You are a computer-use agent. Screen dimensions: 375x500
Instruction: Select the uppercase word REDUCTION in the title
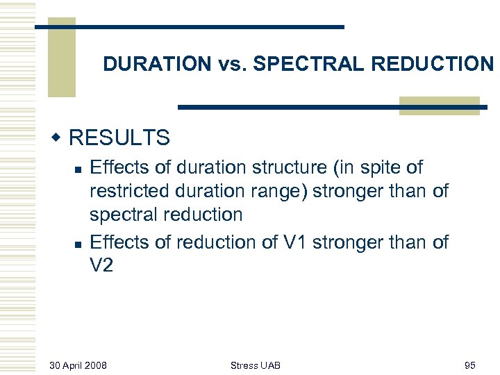tap(431, 65)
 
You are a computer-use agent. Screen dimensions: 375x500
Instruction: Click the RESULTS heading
tap(119, 138)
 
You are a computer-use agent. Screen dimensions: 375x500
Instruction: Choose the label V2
tap(101, 265)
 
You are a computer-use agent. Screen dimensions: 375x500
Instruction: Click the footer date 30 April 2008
tap(78, 365)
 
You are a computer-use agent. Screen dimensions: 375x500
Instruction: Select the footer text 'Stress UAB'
tap(255, 365)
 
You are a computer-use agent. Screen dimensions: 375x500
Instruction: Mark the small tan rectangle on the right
tap(439, 106)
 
